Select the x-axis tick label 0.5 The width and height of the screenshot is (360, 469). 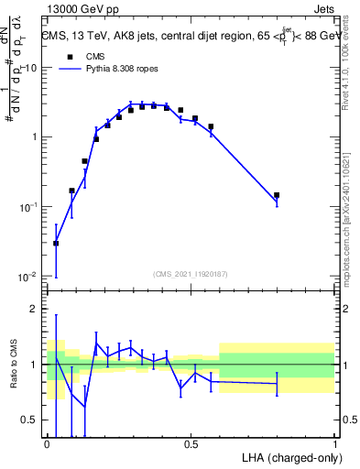click(191, 443)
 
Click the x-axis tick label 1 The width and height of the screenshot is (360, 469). click(334, 443)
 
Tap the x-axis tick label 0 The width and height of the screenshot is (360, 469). click(48, 443)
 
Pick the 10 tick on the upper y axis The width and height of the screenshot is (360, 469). click(30, 69)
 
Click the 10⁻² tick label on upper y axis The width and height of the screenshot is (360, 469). click(27, 277)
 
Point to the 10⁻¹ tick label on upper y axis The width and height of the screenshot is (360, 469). click(27, 207)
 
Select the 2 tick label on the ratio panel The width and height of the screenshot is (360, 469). click(35, 309)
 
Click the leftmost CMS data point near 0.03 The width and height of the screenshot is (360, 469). click(56, 244)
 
